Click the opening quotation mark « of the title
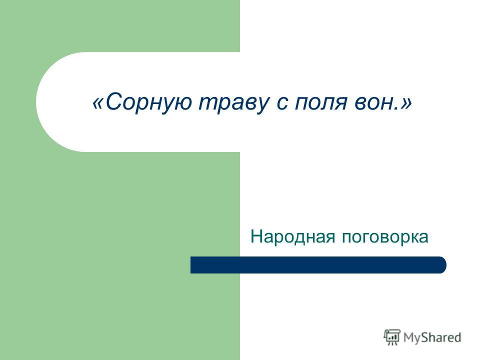(98, 103)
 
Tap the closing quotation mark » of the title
(405, 103)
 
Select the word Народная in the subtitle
(292, 237)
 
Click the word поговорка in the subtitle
(385, 237)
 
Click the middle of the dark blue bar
(318, 265)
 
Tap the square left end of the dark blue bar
(191, 265)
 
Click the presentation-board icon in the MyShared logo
(392, 337)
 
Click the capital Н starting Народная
(257, 236)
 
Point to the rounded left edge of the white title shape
(37, 102)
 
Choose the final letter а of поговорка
(423, 238)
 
